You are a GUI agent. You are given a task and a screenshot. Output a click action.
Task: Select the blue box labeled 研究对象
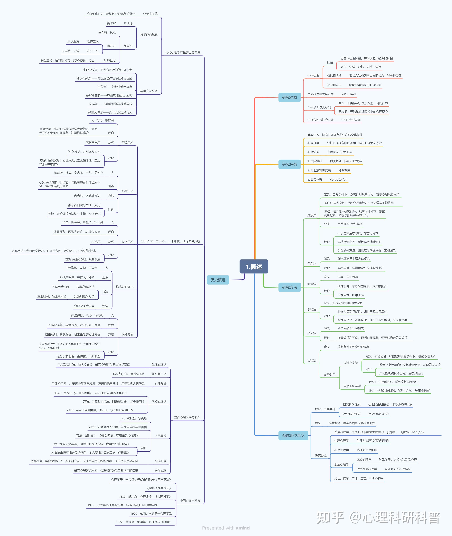coord(290,97)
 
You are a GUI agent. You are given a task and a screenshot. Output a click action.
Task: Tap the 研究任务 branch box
coord(290,165)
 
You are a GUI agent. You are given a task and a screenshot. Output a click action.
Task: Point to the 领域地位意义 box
coord(293,435)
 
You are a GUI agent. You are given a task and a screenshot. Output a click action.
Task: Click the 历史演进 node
coord(218,280)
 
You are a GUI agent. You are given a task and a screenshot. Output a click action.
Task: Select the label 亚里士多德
coord(150,14)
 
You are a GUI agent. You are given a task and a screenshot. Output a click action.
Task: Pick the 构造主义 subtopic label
coord(127,142)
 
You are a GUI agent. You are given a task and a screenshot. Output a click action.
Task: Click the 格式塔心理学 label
coord(125,287)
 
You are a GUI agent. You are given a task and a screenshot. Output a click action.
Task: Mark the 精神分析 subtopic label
coord(127,334)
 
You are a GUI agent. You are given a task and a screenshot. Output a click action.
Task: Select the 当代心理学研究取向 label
coord(187,417)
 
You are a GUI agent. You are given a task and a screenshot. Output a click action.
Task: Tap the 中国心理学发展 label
coord(190,501)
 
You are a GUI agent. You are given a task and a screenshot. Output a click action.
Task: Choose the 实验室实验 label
coord(351,362)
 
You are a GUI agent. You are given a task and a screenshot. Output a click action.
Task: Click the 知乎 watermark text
coord(331,518)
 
